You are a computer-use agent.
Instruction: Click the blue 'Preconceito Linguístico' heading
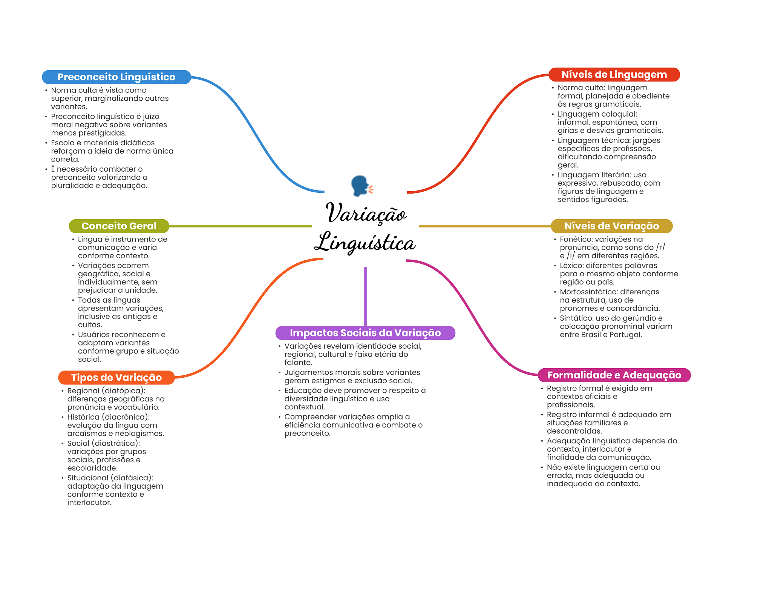[x=116, y=77]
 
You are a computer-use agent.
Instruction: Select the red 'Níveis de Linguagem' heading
[x=614, y=75]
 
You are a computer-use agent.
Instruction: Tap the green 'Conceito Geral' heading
[x=119, y=226]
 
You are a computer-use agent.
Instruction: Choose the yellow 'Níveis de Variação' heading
[x=611, y=226]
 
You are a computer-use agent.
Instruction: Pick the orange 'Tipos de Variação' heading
[x=116, y=378]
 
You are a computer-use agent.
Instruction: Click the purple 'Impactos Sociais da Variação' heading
[x=365, y=333]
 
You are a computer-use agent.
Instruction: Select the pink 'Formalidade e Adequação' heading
[x=614, y=375]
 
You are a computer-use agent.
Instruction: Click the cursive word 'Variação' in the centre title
[x=366, y=214]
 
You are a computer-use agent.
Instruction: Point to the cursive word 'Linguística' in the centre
[x=365, y=243]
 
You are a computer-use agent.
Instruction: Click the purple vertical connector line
[x=365, y=296]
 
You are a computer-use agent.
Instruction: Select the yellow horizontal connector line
[x=484, y=226]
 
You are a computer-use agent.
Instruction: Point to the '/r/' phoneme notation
[x=660, y=248]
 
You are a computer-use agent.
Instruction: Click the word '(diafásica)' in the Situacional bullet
[x=132, y=478]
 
